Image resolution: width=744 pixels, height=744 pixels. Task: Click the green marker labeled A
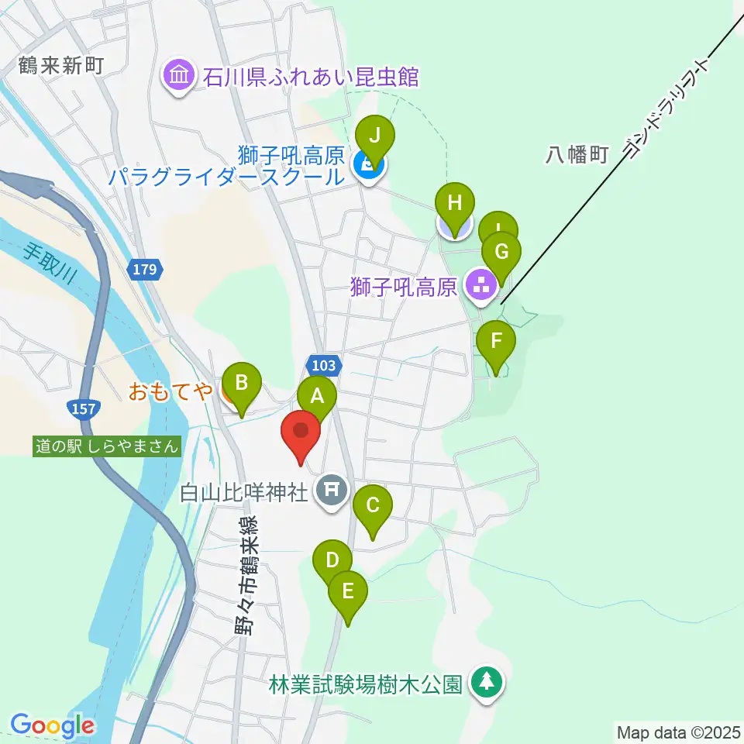tap(317, 398)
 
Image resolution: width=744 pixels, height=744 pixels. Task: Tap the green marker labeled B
tap(242, 383)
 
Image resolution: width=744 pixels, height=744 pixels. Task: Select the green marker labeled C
tap(373, 507)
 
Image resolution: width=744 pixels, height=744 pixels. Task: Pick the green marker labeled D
tap(332, 560)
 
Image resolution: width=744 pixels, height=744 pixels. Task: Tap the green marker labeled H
tap(455, 205)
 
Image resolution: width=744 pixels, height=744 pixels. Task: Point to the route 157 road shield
tap(84, 407)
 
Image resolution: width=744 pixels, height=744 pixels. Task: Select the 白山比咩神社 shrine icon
tap(332, 490)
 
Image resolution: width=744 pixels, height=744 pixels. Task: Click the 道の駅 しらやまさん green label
tap(108, 446)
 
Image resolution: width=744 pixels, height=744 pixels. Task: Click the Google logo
tap(52, 725)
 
